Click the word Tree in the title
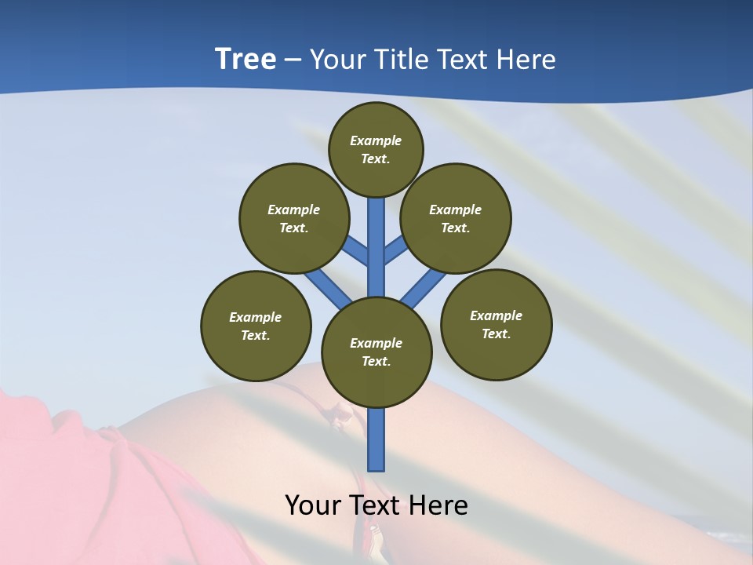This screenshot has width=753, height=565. (x=246, y=60)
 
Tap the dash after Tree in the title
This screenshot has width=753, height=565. (x=293, y=60)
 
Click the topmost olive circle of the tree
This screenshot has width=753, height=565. (x=376, y=149)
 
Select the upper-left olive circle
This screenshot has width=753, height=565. (x=293, y=218)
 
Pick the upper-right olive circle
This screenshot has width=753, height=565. (x=456, y=218)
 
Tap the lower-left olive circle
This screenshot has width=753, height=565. (x=256, y=326)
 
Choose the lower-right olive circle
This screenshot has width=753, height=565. (x=496, y=324)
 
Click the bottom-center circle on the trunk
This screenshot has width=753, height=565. (x=376, y=352)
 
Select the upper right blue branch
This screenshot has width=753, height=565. (x=396, y=250)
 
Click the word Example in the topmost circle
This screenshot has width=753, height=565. (x=376, y=140)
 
